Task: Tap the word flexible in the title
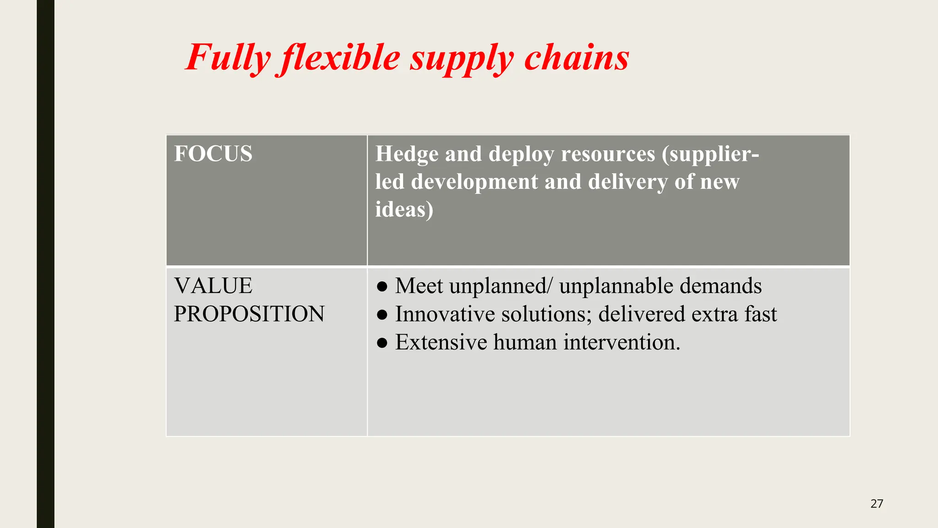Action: [x=341, y=58]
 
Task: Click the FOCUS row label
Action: [x=213, y=154]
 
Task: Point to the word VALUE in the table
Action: [x=213, y=286]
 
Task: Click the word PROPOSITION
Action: [x=249, y=314]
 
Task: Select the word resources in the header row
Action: [x=608, y=154]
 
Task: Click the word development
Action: [x=474, y=182]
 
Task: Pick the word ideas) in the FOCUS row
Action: [x=404, y=209]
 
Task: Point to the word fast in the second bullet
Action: [x=760, y=314]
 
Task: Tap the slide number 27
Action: [x=876, y=504]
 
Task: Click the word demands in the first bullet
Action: [x=720, y=286]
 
